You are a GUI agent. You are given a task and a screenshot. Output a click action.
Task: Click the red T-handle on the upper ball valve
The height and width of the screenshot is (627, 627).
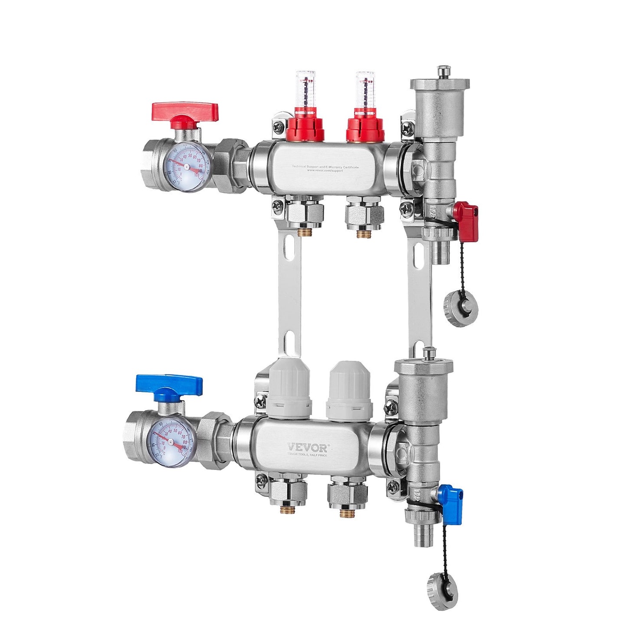[x=184, y=112]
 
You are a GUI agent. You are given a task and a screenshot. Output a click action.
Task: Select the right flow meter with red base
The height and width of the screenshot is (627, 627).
[x=365, y=113]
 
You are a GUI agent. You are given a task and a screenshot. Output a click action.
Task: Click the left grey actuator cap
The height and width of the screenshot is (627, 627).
[x=289, y=389]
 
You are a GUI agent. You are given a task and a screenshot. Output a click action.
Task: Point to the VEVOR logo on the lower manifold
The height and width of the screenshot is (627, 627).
[x=308, y=447]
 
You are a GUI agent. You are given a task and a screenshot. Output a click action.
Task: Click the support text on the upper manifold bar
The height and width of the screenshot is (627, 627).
[x=325, y=168]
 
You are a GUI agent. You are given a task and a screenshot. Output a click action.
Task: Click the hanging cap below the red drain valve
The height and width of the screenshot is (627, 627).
[x=461, y=309]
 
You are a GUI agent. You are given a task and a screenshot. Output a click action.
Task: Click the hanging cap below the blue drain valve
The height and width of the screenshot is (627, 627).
[x=443, y=591]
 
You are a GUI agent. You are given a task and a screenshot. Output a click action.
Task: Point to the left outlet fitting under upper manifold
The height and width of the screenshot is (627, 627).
[x=305, y=215]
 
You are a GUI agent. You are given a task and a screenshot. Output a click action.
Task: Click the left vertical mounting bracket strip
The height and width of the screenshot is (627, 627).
[x=289, y=295]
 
